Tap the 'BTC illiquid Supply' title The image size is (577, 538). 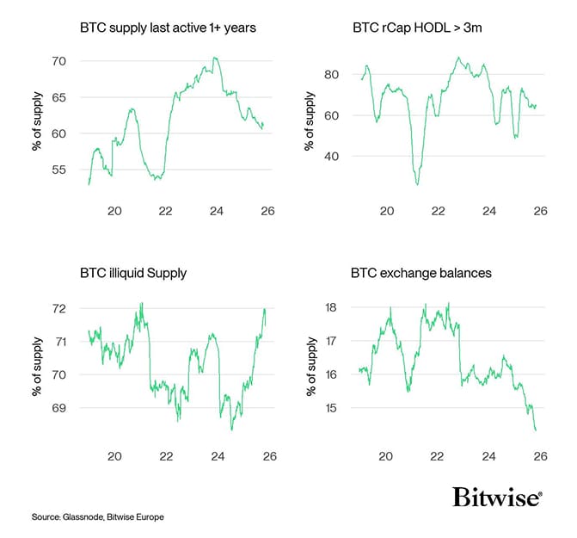[132, 274]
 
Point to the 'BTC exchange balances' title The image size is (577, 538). [420, 274]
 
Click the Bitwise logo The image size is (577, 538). [496, 498]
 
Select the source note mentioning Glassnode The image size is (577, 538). [97, 516]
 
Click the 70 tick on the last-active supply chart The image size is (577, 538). [58, 60]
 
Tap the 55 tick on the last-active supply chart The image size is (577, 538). [58, 170]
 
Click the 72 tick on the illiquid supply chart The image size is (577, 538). [58, 308]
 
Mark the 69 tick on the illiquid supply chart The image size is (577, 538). [58, 407]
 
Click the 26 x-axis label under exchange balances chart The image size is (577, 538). [540, 455]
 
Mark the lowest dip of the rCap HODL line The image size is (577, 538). [417, 184]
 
